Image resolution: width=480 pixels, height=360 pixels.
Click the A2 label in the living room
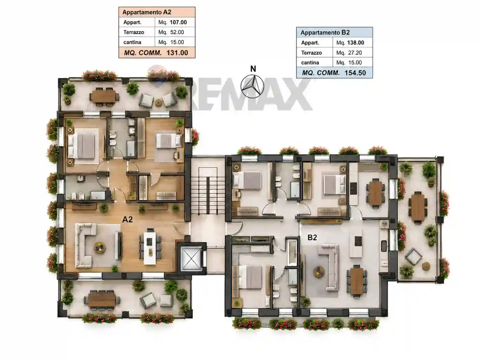coord(127,219)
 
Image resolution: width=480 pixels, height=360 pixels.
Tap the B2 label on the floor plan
coord(312,237)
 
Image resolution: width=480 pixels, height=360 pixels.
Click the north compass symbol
coord(252,86)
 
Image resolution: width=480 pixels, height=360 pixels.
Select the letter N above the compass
coord(253,69)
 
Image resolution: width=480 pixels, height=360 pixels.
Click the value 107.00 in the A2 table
coord(178,22)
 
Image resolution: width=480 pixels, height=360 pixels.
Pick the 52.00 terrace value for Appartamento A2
coord(177,32)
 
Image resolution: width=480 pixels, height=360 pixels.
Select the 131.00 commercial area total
coord(177,53)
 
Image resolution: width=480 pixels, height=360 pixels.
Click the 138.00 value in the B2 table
coord(356,43)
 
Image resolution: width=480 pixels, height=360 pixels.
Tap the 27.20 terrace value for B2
coord(355,53)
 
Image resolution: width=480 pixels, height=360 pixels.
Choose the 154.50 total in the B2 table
coord(355,73)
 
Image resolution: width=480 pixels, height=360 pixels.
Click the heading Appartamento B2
coord(325,33)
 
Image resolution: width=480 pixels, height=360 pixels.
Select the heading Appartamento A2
coord(147,12)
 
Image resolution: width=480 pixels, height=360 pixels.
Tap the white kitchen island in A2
coord(150,248)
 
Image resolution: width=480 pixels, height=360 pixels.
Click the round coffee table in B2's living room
coord(319,272)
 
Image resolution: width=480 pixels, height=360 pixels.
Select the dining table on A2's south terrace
coord(102,300)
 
